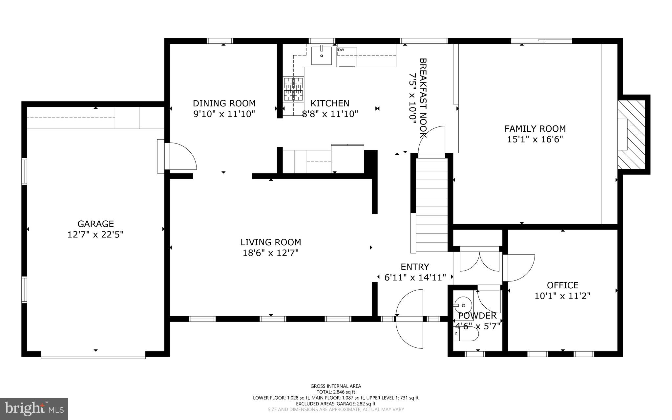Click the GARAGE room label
(x=95, y=224)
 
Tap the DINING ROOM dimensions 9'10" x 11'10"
(x=224, y=114)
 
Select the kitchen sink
(x=322, y=55)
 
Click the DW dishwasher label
(x=341, y=50)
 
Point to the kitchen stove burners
(x=293, y=89)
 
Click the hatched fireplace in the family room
(x=631, y=134)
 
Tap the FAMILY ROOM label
(x=535, y=129)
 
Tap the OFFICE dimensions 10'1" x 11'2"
(x=562, y=296)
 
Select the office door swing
(x=518, y=268)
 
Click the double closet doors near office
(x=479, y=261)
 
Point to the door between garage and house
(x=180, y=157)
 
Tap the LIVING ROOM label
(x=271, y=242)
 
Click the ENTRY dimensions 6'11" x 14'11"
(x=415, y=278)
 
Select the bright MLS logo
(x=34, y=409)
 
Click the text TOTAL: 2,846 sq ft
(x=336, y=392)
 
